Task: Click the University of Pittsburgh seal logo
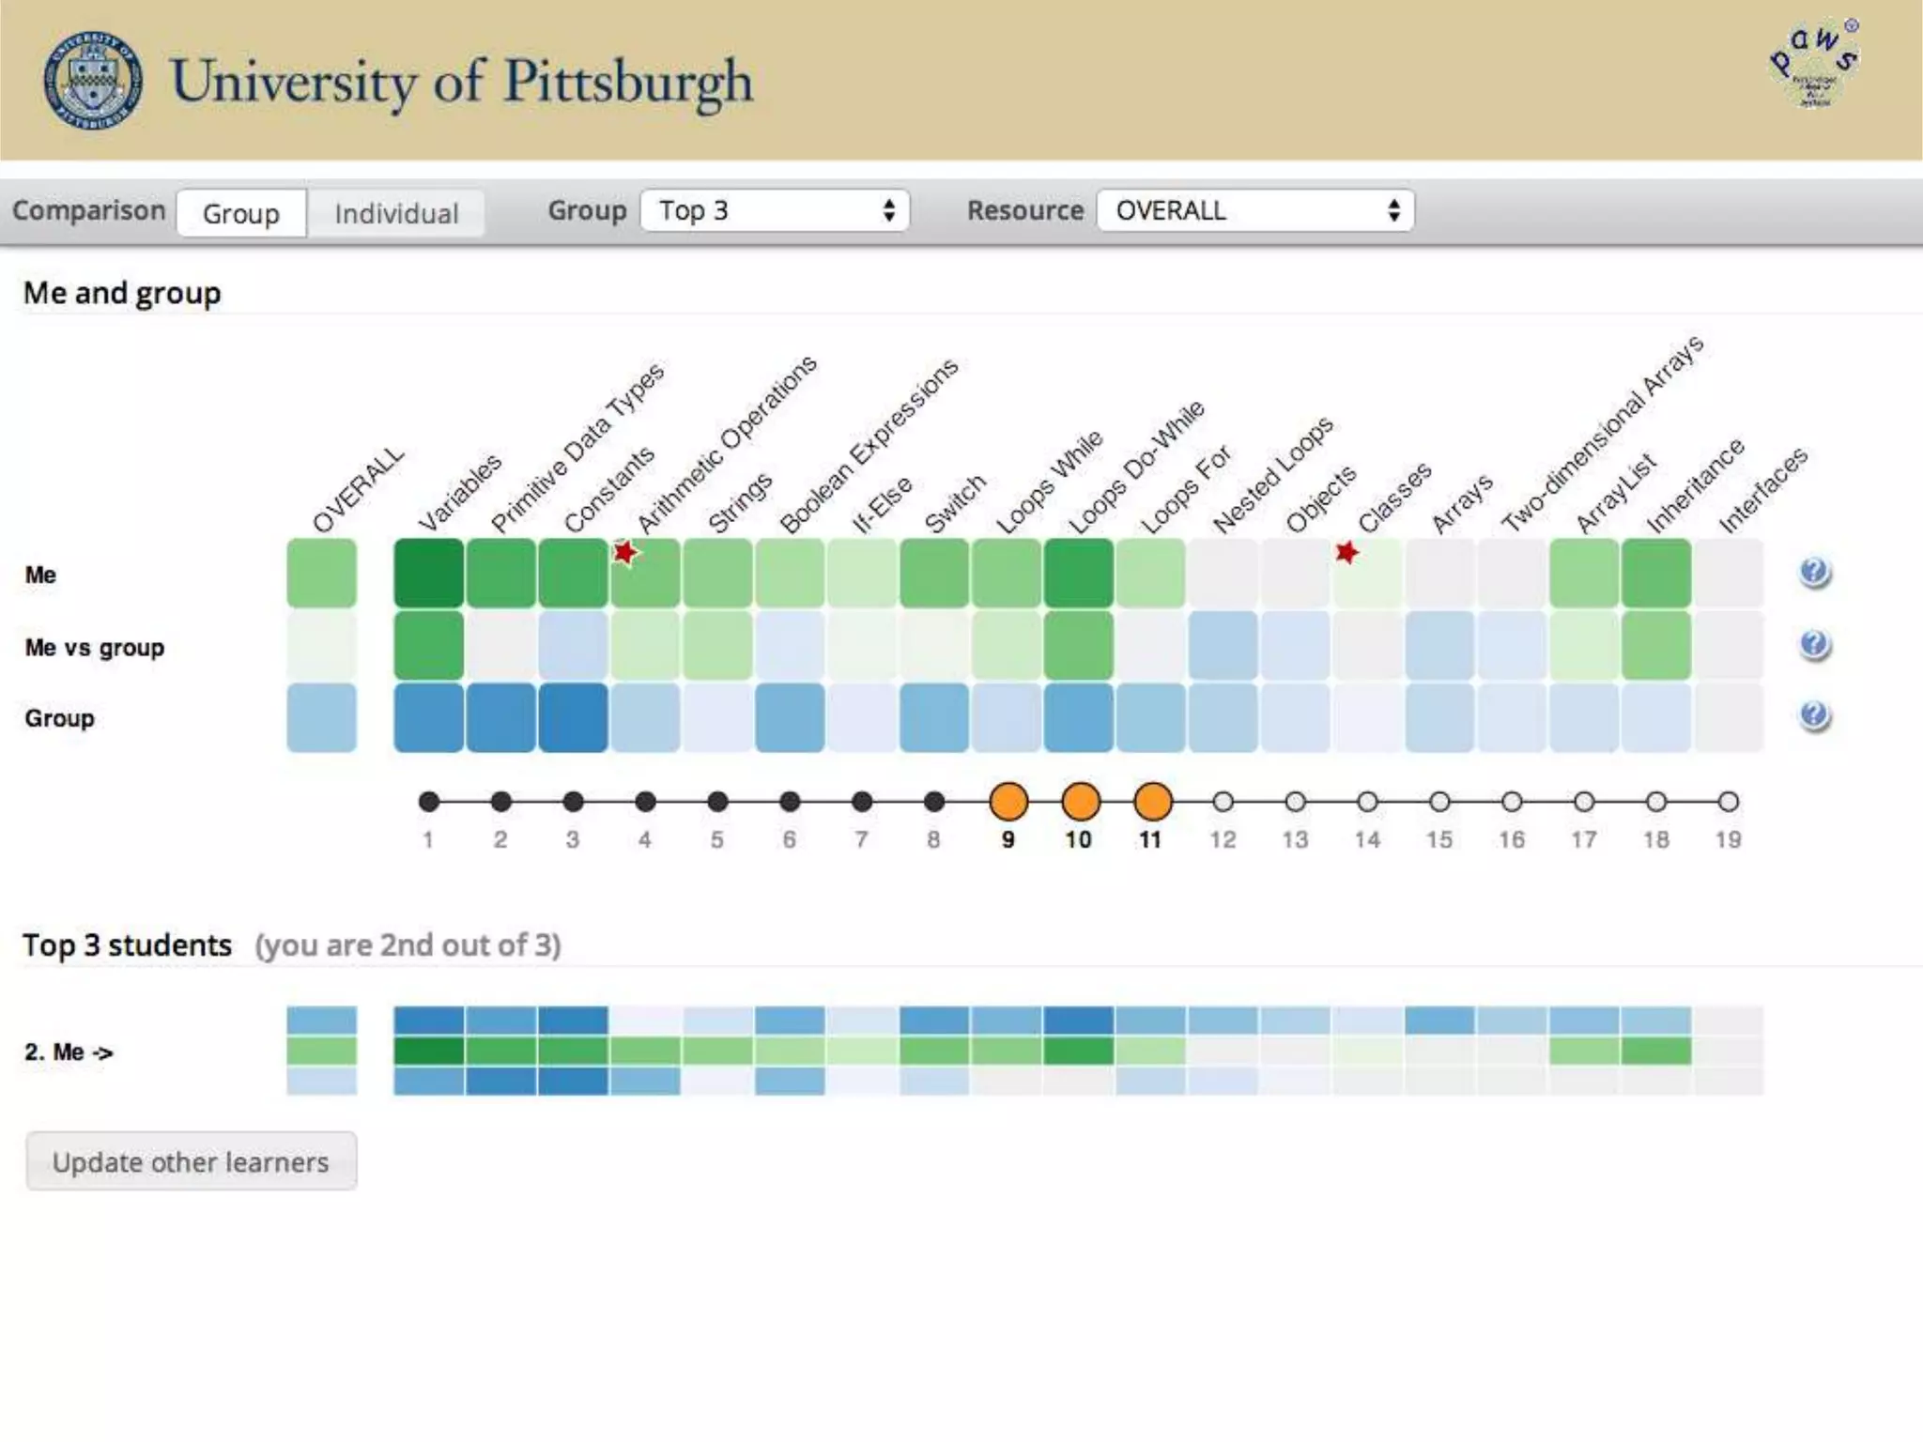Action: click(93, 80)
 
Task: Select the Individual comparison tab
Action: click(396, 213)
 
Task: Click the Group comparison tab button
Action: click(241, 213)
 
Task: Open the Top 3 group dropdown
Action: click(775, 210)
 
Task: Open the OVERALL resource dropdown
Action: click(1254, 210)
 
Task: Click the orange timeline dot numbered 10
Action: click(1080, 802)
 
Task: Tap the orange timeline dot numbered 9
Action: click(1008, 802)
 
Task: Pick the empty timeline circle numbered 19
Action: click(1728, 802)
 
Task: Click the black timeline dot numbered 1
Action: click(429, 802)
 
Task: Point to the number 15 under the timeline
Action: click(1438, 839)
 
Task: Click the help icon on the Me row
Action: click(1814, 572)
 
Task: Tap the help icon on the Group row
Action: click(1814, 715)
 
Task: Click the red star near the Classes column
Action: click(1346, 552)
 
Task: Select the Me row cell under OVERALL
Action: click(322, 573)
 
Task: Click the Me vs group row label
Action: click(95, 648)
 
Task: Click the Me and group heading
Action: click(122, 293)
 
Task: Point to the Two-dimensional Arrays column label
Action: click(1602, 434)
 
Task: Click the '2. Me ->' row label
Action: click(69, 1051)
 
